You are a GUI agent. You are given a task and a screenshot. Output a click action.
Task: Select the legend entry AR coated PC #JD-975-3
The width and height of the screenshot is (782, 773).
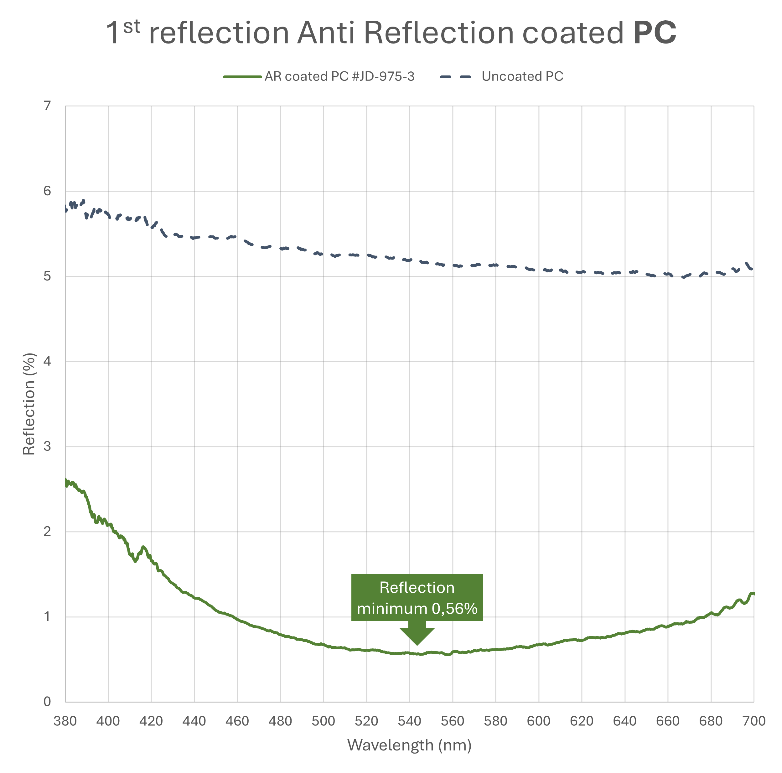pos(339,76)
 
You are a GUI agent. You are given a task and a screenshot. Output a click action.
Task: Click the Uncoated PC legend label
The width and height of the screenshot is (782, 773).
pos(522,76)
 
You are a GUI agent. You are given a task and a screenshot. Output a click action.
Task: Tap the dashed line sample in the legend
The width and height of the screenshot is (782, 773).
pos(455,76)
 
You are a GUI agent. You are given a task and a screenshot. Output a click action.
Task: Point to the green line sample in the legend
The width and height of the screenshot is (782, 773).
pos(242,76)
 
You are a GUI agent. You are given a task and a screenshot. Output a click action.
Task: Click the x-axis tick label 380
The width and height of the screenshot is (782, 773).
pos(65,721)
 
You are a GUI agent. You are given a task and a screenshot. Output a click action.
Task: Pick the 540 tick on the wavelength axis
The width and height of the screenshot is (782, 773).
pos(410,721)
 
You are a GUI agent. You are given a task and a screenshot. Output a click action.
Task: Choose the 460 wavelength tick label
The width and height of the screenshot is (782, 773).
pos(237,721)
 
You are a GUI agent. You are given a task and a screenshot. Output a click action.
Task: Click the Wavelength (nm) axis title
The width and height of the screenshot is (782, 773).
pos(409,745)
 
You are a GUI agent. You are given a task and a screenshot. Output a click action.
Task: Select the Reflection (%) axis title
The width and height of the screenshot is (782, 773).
pos(29,404)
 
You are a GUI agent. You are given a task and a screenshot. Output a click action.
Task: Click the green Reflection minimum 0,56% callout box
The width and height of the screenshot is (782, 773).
pos(417,597)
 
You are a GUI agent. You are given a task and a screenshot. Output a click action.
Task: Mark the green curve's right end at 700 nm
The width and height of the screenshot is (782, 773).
pos(753,594)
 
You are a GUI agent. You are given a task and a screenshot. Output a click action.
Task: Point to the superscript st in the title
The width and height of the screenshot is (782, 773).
pos(132,27)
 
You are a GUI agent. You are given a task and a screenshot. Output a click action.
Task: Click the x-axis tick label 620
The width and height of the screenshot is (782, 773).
pos(582,721)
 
